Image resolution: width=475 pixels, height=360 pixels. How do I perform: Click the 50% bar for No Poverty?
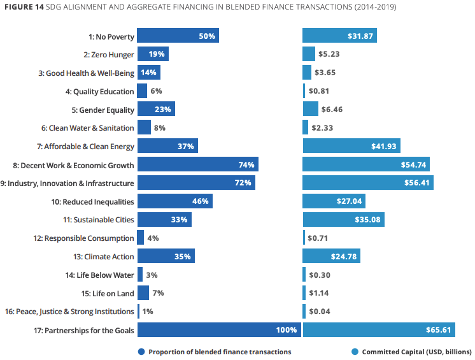click(x=178, y=36)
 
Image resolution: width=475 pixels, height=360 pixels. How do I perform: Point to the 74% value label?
click(x=246, y=165)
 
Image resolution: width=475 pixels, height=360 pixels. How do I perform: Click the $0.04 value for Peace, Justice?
click(x=319, y=312)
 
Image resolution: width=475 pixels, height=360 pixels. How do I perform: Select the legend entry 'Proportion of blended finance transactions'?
click(x=215, y=352)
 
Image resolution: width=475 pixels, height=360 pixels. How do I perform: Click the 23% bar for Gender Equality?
click(x=156, y=110)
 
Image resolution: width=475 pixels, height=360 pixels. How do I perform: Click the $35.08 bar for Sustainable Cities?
click(x=343, y=220)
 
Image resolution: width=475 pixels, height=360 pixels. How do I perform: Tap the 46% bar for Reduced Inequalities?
click(x=174, y=201)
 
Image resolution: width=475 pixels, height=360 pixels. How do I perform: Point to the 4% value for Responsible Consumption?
click(x=152, y=238)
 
